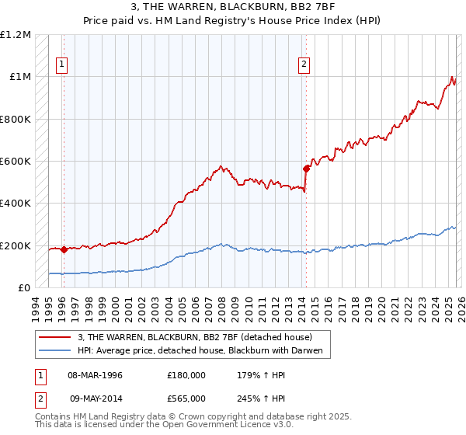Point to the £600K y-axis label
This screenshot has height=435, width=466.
click(16, 161)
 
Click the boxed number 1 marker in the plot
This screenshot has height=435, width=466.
click(62, 65)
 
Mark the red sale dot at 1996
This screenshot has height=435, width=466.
click(64, 249)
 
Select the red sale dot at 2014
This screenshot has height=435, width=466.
click(307, 168)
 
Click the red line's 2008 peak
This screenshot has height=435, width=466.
click(221, 166)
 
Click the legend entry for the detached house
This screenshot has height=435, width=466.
click(194, 337)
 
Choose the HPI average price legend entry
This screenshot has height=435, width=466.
click(203, 350)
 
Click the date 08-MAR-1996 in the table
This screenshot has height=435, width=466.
click(95, 374)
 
